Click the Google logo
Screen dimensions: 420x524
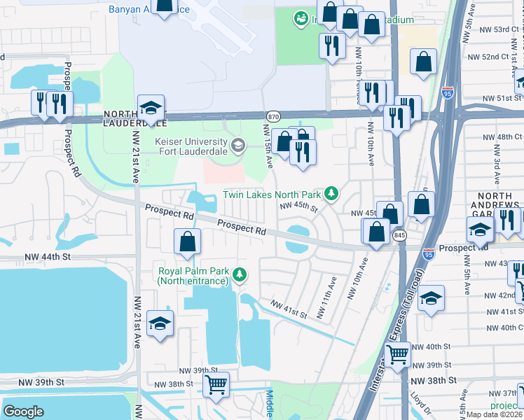click(x=23, y=411)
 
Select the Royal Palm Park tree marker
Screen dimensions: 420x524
click(x=240, y=274)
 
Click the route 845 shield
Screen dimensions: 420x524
click(x=399, y=235)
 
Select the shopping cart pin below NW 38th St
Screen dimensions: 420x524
click(x=216, y=384)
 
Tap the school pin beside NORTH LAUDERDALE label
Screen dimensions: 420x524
click(x=151, y=109)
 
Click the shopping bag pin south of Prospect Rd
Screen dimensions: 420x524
click(x=188, y=243)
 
